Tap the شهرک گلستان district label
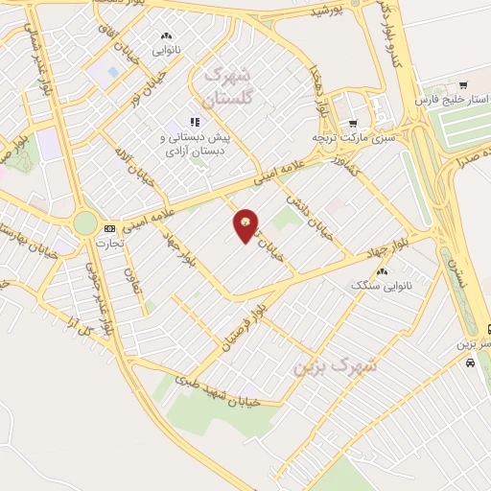[232, 84]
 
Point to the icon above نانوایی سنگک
[382, 272]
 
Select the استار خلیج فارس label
[450, 100]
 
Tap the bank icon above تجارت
[109, 228]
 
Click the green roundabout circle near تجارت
[85, 223]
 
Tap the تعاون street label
[128, 280]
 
